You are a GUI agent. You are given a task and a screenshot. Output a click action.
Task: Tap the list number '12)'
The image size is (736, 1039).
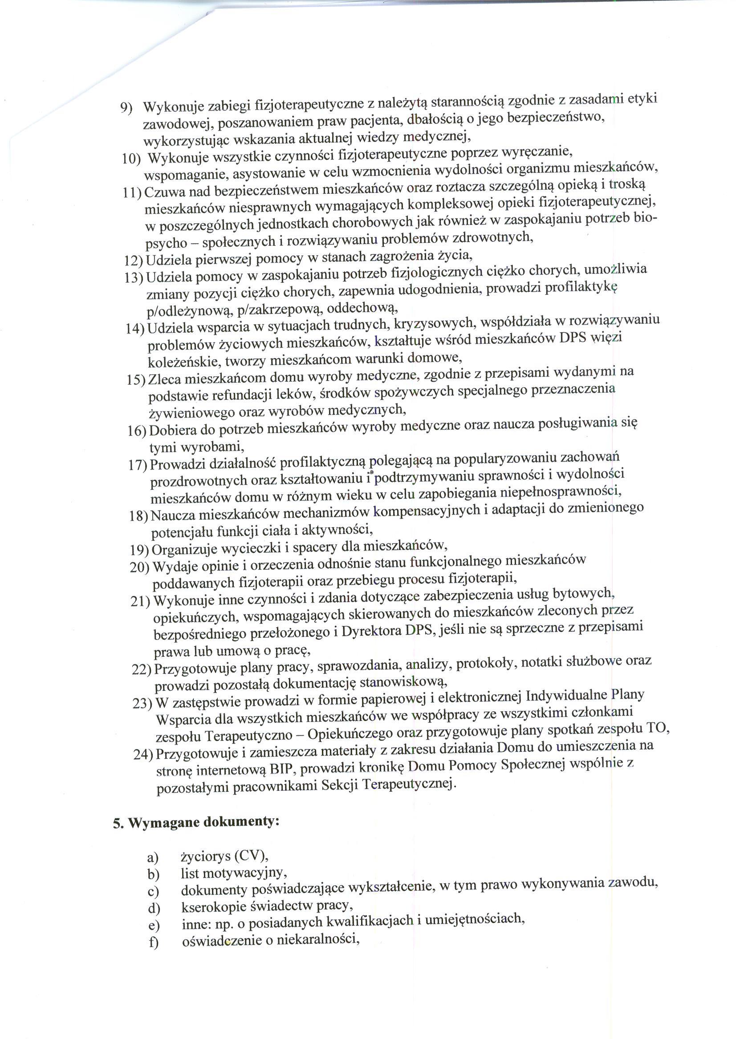(x=134, y=260)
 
